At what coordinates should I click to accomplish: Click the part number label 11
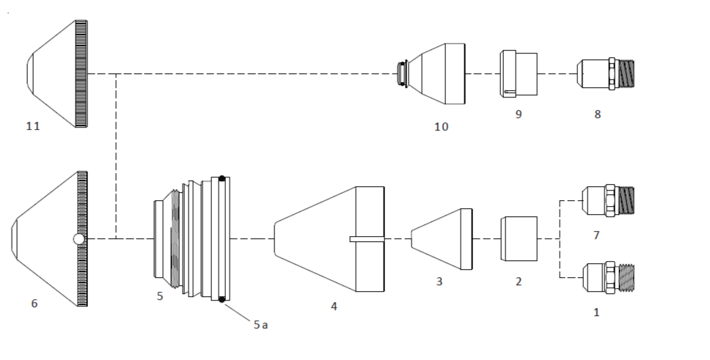(x=33, y=127)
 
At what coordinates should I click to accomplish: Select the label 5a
(x=260, y=325)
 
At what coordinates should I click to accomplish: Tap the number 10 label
(x=441, y=127)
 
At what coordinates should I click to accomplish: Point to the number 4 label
(x=334, y=306)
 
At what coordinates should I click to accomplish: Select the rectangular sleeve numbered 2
(x=519, y=238)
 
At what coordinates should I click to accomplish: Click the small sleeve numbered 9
(x=518, y=73)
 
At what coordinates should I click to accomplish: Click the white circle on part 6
(x=78, y=238)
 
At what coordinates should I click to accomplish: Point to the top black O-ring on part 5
(x=221, y=178)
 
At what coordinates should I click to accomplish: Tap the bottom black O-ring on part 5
(x=221, y=299)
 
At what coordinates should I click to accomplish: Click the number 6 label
(x=34, y=304)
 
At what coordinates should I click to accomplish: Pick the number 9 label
(x=519, y=114)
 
